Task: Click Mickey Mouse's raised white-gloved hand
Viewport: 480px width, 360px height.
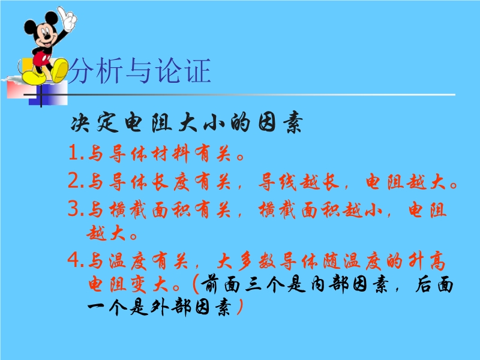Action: point(68,19)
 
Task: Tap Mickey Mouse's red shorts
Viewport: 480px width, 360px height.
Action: point(41,58)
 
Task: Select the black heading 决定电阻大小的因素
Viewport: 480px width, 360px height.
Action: point(187,123)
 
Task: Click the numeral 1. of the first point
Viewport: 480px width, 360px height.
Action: point(76,152)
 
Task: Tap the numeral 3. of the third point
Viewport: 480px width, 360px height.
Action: point(76,209)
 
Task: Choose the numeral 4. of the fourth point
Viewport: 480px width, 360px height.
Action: point(76,260)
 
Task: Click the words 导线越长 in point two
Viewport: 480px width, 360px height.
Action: point(299,182)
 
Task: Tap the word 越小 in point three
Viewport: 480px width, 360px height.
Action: point(362,210)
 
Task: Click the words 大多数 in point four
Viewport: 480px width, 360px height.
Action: point(247,261)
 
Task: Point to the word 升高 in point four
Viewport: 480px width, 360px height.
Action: point(427,261)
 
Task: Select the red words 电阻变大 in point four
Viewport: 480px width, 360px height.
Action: point(128,284)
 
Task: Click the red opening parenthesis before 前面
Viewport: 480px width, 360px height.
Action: point(196,284)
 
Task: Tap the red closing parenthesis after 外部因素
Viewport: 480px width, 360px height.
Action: point(240,307)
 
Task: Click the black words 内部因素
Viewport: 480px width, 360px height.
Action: point(350,284)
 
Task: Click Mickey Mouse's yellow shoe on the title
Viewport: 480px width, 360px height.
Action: point(60,70)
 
